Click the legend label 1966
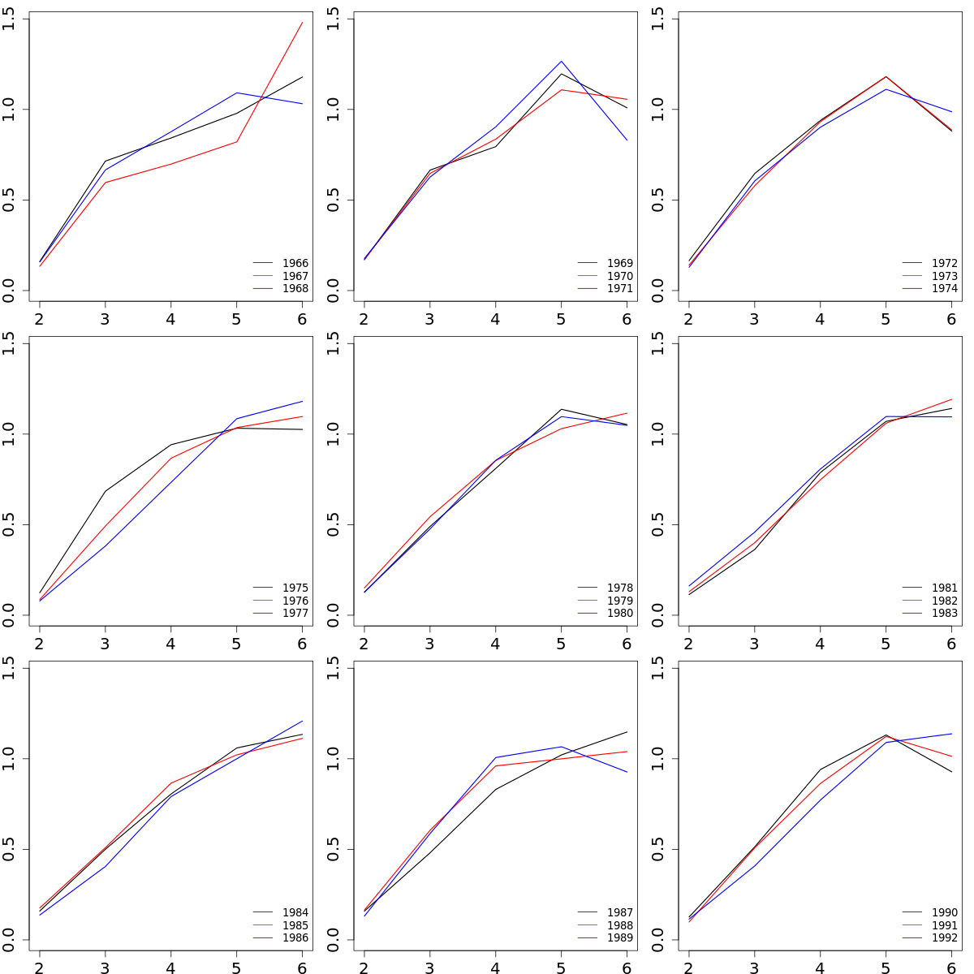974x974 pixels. pyautogui.click(x=295, y=264)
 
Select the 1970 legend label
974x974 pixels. pyautogui.click(x=619, y=276)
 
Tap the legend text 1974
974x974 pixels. pyautogui.click(x=944, y=289)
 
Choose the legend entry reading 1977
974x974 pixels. pyautogui.click(x=295, y=614)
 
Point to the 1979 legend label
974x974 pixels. pyautogui.click(x=619, y=601)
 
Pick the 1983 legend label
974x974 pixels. pyautogui.click(x=944, y=614)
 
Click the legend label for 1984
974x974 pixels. pyautogui.click(x=295, y=913)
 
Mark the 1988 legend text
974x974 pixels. pyautogui.click(x=619, y=925)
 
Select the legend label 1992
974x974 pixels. pyautogui.click(x=944, y=938)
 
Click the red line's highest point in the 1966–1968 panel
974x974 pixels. pyautogui.click(x=302, y=23)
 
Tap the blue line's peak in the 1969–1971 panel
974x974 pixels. pyautogui.click(x=561, y=61)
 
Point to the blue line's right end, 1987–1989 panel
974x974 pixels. pyautogui.click(x=627, y=772)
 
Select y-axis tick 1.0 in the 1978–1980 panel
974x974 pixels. pyautogui.click(x=334, y=434)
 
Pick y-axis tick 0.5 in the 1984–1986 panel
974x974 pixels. pyautogui.click(x=9, y=850)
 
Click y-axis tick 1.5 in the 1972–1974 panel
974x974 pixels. pyautogui.click(x=658, y=19)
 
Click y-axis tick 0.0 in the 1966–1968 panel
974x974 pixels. pyautogui.click(x=9, y=291)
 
